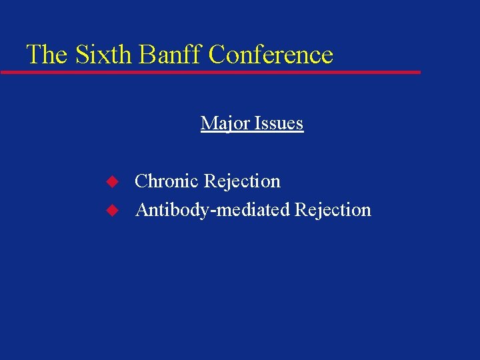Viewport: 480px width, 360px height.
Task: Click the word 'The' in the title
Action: click(47, 54)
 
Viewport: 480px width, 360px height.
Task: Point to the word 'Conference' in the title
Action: click(271, 54)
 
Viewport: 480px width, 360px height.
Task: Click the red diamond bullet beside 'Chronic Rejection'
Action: click(113, 181)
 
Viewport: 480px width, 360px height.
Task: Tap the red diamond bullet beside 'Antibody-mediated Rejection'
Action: click(113, 210)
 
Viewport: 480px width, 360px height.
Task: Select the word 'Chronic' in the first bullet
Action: click(167, 181)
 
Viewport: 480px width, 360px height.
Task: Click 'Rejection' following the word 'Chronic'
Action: click(242, 181)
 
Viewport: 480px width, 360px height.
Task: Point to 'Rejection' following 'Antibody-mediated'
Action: click(333, 210)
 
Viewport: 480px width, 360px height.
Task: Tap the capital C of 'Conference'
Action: click(217, 54)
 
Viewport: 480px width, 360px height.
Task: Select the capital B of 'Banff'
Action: click(147, 54)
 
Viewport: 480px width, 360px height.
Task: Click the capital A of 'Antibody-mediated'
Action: click(141, 210)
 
